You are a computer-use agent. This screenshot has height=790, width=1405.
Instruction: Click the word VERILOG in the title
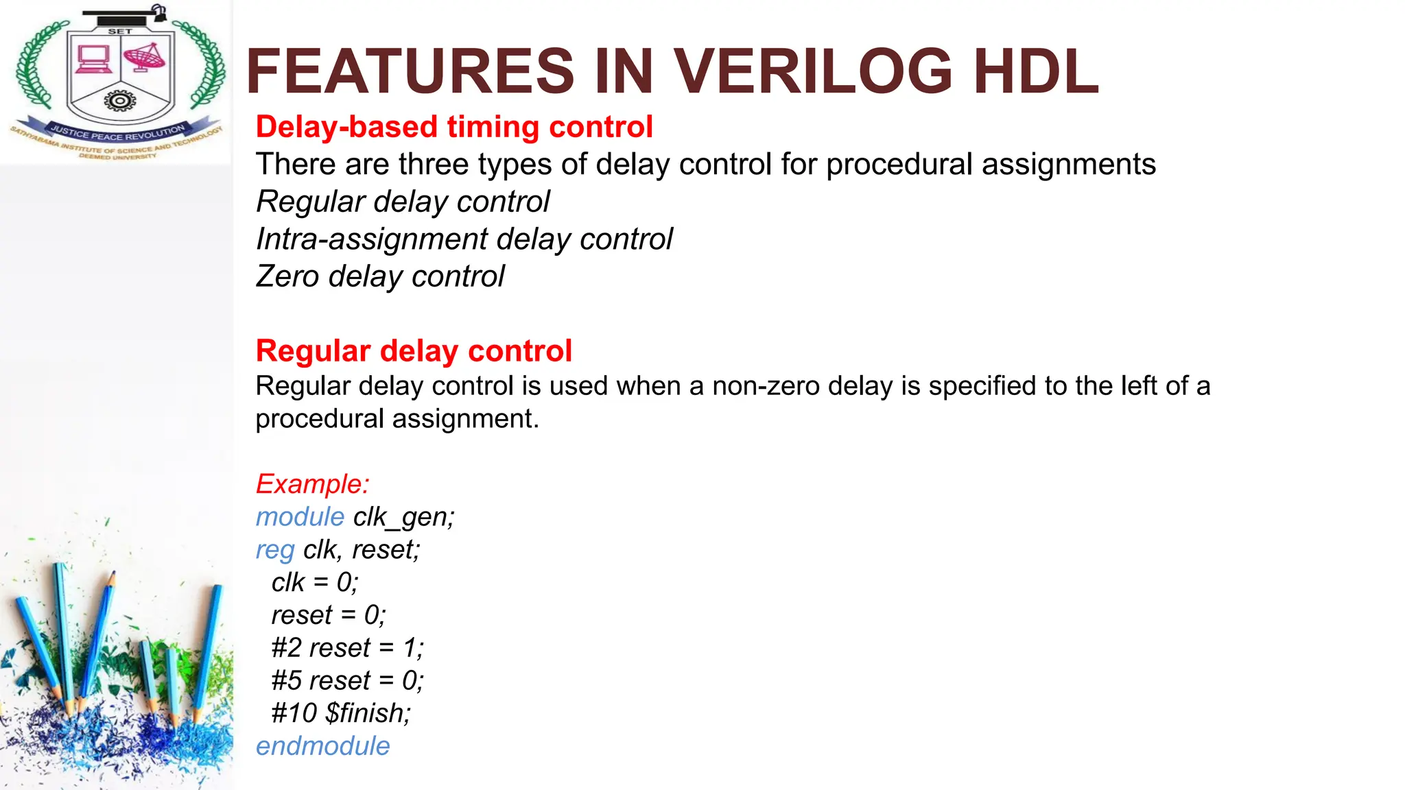point(812,71)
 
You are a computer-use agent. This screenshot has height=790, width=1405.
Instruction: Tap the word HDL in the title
point(1036,71)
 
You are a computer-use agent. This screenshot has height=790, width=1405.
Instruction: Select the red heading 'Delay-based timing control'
point(454,127)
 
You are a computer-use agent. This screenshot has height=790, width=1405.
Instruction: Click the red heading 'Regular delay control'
point(414,350)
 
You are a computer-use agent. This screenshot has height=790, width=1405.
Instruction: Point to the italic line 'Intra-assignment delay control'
point(464,239)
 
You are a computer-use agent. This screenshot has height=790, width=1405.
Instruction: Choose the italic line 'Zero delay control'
point(380,276)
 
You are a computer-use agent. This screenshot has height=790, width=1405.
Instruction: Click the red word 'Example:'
point(313,484)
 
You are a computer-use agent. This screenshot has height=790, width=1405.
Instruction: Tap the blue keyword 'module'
point(300,517)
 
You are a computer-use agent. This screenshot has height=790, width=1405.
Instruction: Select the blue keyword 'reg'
point(275,550)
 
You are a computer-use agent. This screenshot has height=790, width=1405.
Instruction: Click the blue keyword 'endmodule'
point(322,746)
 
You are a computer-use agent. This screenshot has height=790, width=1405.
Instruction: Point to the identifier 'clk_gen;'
point(404,517)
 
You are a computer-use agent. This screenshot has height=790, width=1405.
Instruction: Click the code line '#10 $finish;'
point(341,713)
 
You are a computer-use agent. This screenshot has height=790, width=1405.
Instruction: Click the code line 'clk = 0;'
point(315,583)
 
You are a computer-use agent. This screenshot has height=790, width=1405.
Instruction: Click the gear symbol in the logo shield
point(120,101)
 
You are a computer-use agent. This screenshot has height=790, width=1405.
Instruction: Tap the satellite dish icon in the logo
point(144,58)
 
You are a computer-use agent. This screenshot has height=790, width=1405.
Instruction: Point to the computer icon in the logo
point(93,59)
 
